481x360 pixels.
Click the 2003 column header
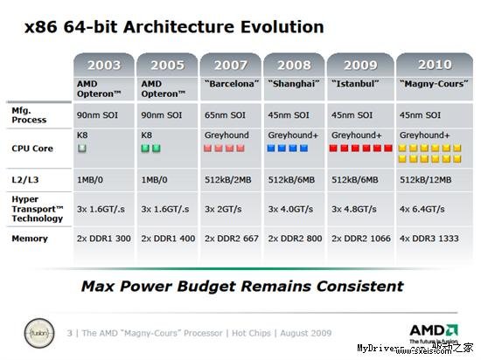coord(104,66)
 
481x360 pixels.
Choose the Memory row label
coord(30,238)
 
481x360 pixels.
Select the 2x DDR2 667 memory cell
coord(233,238)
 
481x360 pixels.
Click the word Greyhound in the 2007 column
coord(227,135)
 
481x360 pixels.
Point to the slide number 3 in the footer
coord(70,333)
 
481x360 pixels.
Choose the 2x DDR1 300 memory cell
coord(103,238)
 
